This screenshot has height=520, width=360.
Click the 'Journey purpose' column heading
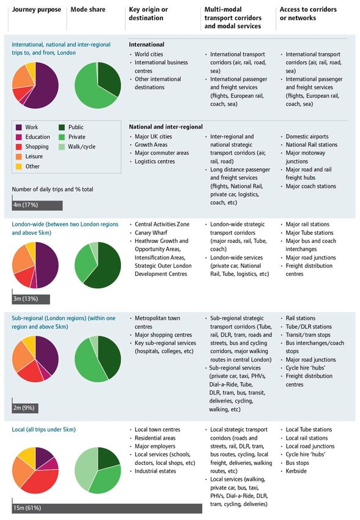(x=37, y=10)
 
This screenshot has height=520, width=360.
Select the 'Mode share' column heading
(x=88, y=10)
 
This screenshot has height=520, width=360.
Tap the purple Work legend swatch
(x=19, y=127)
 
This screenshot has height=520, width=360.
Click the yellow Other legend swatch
(x=19, y=166)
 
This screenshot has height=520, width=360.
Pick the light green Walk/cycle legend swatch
(x=62, y=147)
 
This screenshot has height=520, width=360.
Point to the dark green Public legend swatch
(x=62, y=127)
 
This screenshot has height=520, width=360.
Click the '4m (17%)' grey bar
(x=37, y=205)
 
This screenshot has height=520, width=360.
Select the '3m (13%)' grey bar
(x=31, y=299)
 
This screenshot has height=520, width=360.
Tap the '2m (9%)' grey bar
(x=25, y=408)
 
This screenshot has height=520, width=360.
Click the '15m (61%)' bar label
(x=27, y=508)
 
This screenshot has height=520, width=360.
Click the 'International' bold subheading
(x=147, y=45)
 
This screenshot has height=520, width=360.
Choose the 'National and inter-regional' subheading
(x=166, y=127)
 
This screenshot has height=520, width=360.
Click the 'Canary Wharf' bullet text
(x=151, y=233)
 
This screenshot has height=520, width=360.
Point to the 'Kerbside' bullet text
(x=296, y=471)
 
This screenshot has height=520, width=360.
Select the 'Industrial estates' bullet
(x=155, y=471)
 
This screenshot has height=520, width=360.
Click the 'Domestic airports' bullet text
(x=307, y=136)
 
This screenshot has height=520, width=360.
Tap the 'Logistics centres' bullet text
(x=155, y=162)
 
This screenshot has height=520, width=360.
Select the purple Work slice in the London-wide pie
(x=47, y=265)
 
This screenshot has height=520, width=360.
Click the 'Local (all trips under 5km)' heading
(x=44, y=429)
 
